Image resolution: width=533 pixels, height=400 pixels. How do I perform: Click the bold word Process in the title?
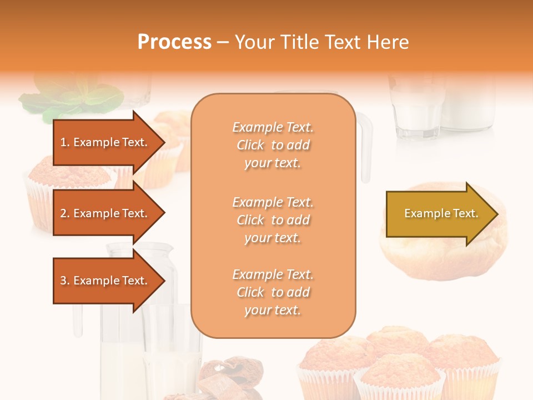point(174,42)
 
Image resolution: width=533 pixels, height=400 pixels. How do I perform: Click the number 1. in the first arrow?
point(65,142)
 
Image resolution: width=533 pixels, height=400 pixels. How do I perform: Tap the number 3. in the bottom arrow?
point(65,281)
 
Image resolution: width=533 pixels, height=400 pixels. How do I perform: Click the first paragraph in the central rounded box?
point(273,145)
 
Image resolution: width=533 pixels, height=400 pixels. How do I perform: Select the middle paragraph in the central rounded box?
point(273,220)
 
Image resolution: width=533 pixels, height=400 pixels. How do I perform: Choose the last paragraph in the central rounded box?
point(273,292)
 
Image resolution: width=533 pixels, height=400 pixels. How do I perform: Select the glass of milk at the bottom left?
point(172,356)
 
